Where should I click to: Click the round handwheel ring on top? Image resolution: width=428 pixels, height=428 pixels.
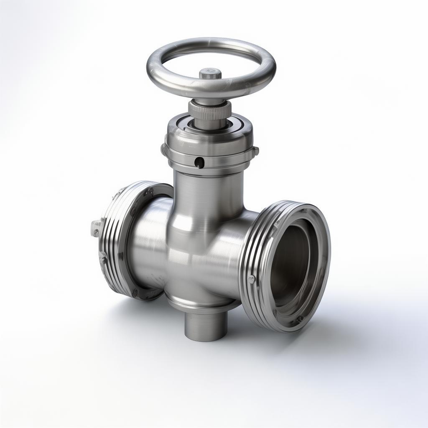point(167,79)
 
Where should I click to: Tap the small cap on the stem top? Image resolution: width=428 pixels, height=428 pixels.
point(210,74)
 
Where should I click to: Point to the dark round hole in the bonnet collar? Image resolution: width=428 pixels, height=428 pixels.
point(200,162)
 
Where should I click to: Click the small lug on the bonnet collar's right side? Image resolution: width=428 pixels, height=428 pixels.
point(255,150)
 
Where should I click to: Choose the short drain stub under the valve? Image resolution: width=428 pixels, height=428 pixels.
point(206,326)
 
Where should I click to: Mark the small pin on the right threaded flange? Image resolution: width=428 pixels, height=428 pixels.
point(251,279)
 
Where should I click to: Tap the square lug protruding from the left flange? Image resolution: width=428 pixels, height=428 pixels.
point(96,228)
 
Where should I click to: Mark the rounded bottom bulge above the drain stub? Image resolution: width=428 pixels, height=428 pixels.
point(196,299)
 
